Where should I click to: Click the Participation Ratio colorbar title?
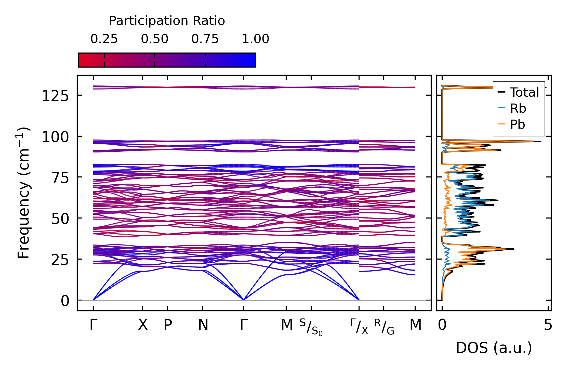167,21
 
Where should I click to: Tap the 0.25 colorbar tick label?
104,39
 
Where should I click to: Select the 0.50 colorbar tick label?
154,39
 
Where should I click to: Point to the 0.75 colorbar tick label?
205,39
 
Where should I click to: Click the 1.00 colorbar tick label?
255,39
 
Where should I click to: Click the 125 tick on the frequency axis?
55,96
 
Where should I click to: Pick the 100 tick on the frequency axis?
55,137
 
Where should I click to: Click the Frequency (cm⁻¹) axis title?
23,193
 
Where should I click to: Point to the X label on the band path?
143,325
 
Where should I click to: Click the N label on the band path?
203,325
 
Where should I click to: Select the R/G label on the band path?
384,327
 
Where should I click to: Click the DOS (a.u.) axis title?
494,348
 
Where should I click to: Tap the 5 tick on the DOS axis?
548,325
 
